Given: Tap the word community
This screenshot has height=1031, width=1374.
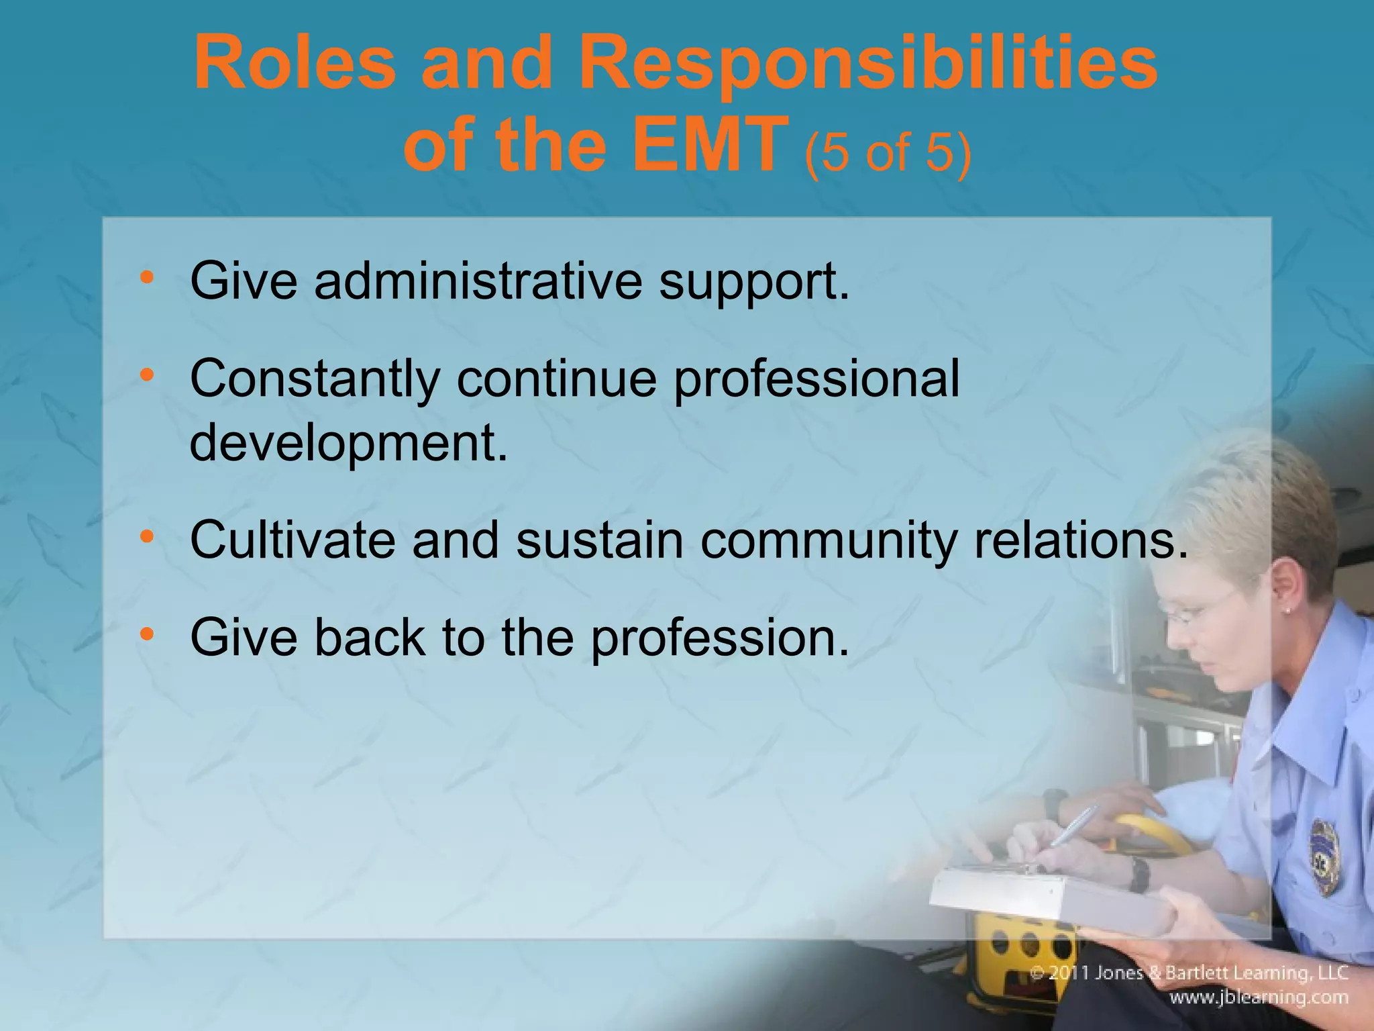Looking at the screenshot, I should click(x=827, y=541).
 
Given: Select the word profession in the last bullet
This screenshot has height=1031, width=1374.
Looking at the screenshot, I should click(x=719, y=638).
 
